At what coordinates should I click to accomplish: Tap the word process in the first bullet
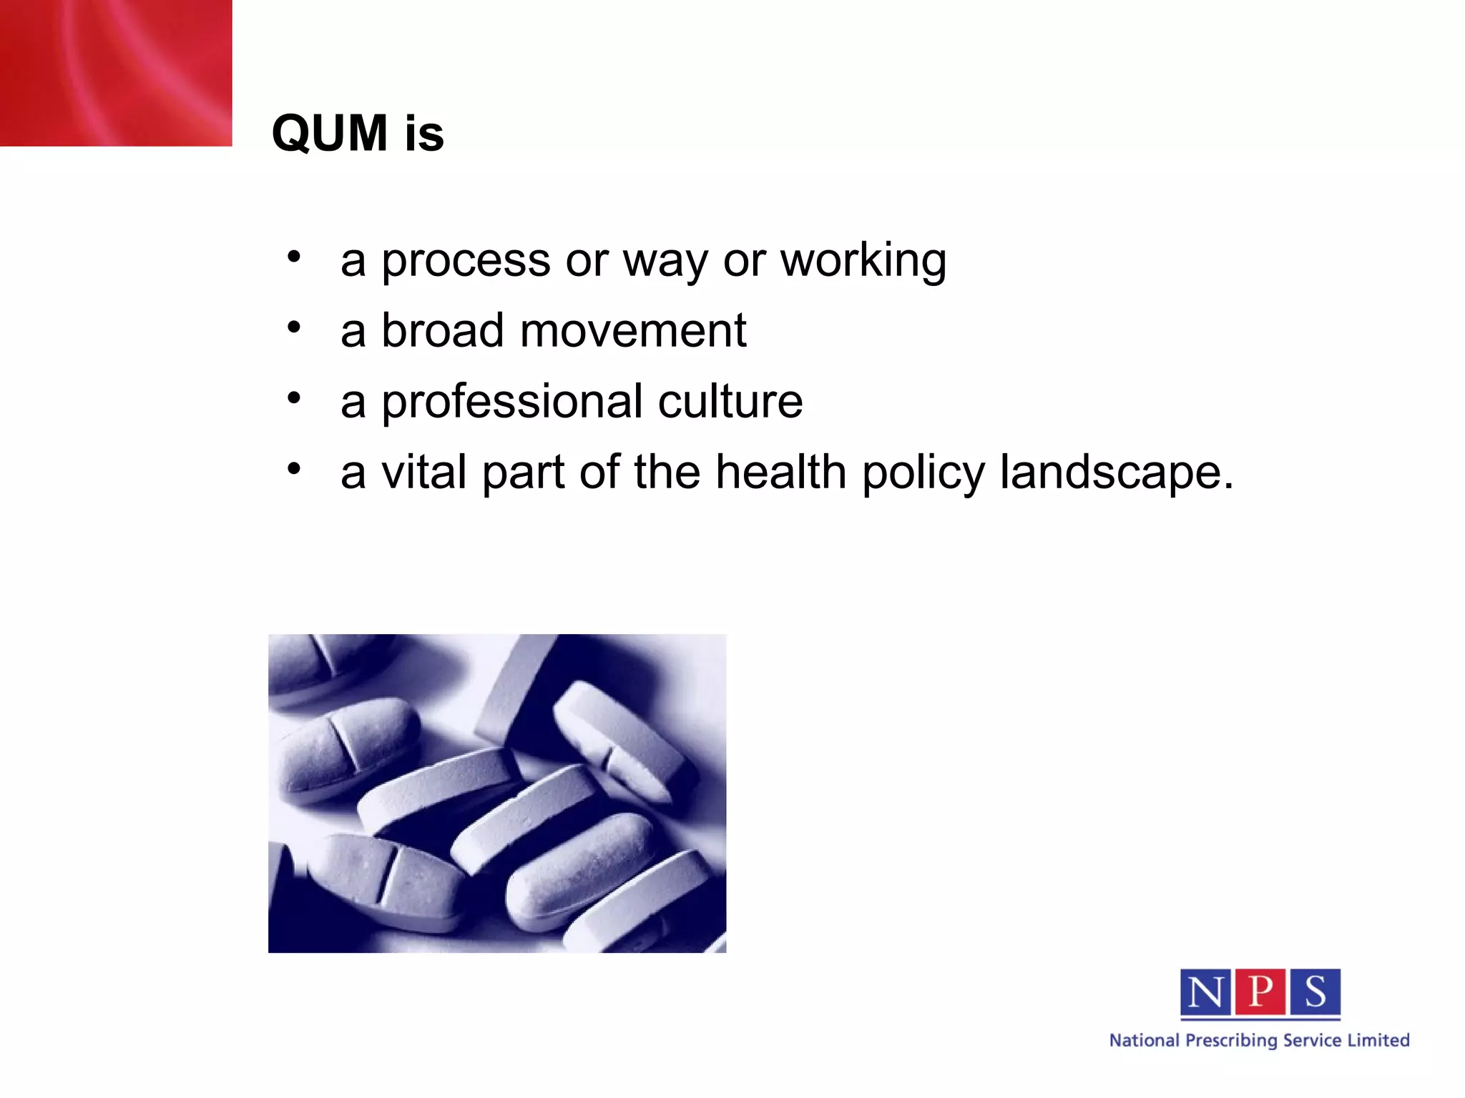click(x=466, y=261)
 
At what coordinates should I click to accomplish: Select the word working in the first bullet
click(x=863, y=261)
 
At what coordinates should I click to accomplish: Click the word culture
click(x=730, y=401)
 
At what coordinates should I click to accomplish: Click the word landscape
click(x=1116, y=474)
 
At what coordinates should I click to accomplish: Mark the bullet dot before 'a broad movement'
click(x=293, y=327)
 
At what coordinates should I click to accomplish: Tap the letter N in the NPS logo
click(x=1205, y=992)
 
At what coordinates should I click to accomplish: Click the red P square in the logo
click(x=1260, y=992)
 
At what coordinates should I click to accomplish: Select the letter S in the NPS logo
click(x=1315, y=992)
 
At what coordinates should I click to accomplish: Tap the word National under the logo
click(x=1144, y=1040)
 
